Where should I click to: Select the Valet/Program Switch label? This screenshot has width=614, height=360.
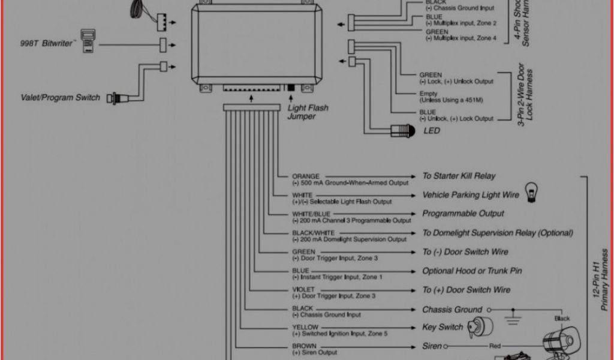pos(61,97)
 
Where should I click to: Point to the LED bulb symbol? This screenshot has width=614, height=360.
pos(400,130)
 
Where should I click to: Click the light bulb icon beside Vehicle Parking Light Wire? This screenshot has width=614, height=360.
pos(531,192)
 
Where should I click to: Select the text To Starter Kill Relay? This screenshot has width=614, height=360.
pos(459,176)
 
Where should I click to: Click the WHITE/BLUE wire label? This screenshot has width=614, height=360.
pos(311,214)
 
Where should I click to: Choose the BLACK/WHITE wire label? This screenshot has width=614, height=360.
pos(313,233)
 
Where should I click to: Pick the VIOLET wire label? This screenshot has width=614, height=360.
pos(303,289)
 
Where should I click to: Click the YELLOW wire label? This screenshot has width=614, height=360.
pos(305,327)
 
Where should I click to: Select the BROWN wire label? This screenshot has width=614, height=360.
pos(304,346)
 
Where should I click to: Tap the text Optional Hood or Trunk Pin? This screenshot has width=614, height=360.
pos(472,271)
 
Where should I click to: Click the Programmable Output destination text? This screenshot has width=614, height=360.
pos(463,214)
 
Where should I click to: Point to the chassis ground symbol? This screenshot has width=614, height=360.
pos(511,314)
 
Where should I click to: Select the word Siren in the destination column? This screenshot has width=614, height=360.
pos(432,346)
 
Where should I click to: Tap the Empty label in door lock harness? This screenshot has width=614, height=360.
pos(428,94)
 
